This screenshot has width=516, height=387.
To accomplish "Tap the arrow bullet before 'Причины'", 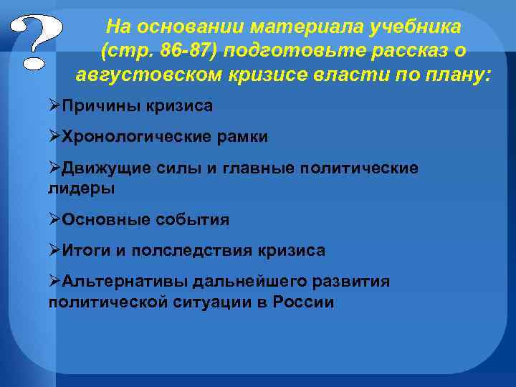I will point(55,106).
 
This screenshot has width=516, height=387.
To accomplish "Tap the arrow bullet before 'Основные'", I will point(55,220).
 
